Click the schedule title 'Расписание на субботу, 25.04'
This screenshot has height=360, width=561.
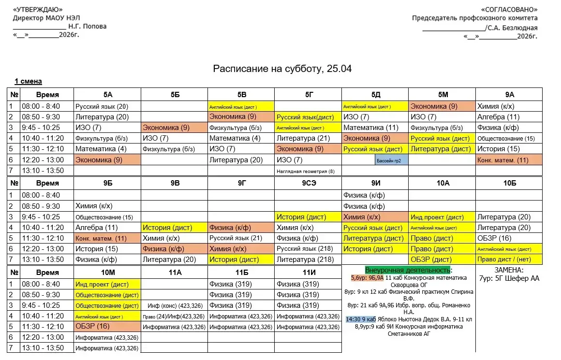click(x=282, y=69)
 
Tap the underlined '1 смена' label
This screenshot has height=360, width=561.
click(x=28, y=82)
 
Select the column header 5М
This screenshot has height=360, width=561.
click(x=442, y=95)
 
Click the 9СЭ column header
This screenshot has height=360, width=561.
click(x=308, y=183)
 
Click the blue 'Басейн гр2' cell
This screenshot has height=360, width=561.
click(x=392, y=160)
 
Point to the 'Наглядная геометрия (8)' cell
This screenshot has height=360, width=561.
click(x=305, y=171)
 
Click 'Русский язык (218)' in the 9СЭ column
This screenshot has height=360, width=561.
click(x=300, y=249)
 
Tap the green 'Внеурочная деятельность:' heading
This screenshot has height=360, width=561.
click(x=408, y=270)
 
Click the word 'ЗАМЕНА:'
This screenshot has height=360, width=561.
click(x=509, y=270)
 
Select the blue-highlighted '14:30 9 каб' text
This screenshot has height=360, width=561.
click(x=361, y=319)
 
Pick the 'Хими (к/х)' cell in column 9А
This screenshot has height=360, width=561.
click(x=496, y=106)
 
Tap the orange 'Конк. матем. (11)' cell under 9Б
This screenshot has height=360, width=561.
click(x=101, y=238)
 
